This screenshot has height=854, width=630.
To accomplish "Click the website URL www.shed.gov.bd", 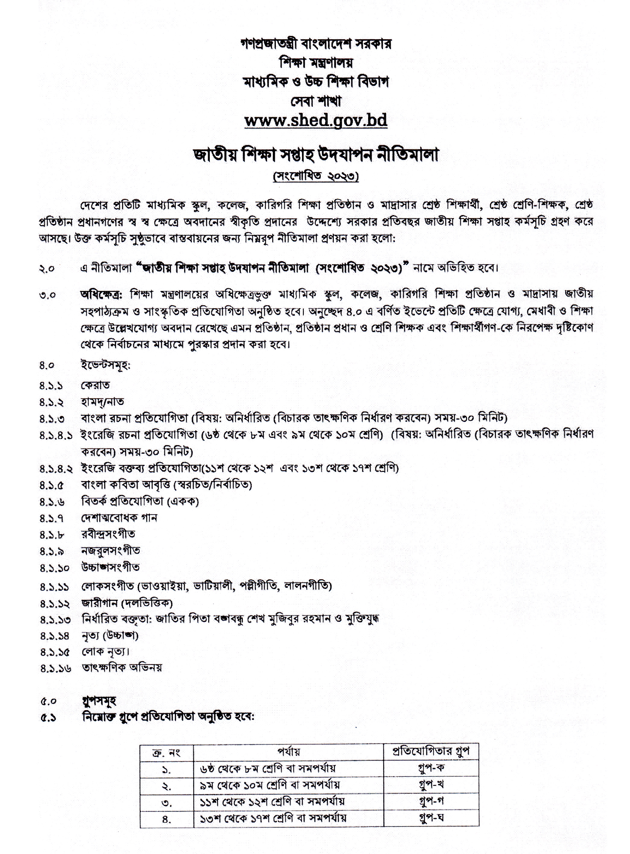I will pyautogui.click(x=316, y=121).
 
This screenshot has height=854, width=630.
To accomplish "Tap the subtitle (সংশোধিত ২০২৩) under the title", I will pyautogui.click(x=316, y=177).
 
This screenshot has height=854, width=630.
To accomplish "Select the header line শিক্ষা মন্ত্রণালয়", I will pyautogui.click(x=316, y=62).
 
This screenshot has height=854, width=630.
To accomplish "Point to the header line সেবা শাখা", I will pyautogui.click(x=316, y=101).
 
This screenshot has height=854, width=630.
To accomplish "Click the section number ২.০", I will pyautogui.click(x=47, y=268).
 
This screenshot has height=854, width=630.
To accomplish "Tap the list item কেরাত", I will pyautogui.click(x=95, y=385).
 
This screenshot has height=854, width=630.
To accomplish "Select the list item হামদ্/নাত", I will pyautogui.click(x=102, y=402).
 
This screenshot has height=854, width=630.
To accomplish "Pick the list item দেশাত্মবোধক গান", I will pyautogui.click(x=119, y=518).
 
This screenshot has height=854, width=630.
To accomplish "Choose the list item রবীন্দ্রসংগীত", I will pyautogui.click(x=108, y=534).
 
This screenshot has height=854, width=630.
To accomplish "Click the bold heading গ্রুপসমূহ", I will pyautogui.click(x=99, y=701).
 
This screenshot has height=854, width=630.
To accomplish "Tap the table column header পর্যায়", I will pyautogui.click(x=288, y=752).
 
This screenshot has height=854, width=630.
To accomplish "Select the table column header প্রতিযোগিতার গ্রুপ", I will pyautogui.click(x=431, y=751).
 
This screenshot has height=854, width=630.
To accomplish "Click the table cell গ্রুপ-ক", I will pyautogui.click(x=431, y=768).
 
